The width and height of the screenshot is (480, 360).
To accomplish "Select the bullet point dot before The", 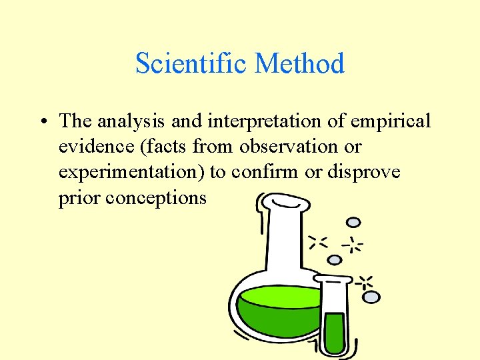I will point(42,122).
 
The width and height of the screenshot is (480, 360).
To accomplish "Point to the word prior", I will point(79,198).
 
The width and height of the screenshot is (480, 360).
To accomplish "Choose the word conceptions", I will point(160,198).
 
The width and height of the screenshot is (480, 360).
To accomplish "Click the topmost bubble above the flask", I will point(354,223).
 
